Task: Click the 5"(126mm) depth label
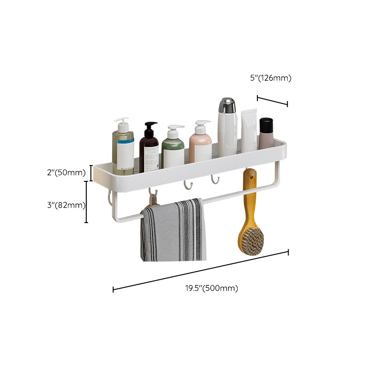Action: (x=270, y=78)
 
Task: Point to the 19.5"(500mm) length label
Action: (x=211, y=288)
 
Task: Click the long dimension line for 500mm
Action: (x=200, y=271)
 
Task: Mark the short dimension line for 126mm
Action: (x=272, y=101)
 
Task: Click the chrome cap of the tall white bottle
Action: (x=227, y=105)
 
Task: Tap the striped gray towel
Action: (x=173, y=230)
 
